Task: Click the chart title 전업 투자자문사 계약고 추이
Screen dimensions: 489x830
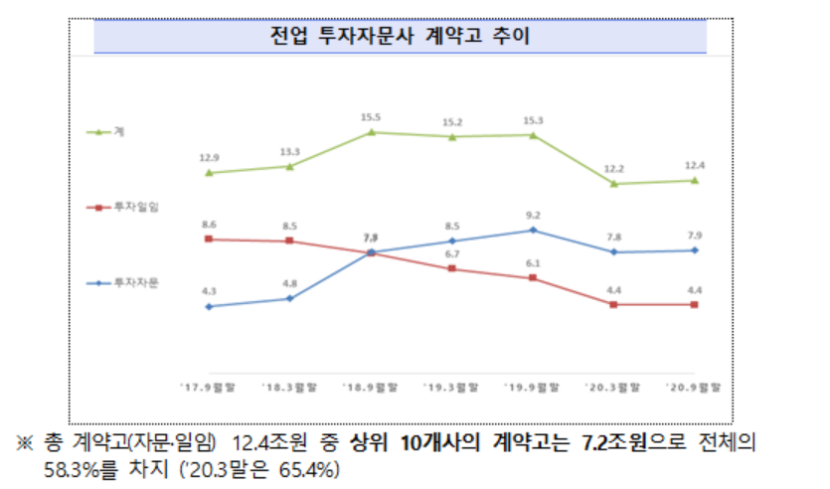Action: point(400,38)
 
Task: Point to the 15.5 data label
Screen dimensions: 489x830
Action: point(371,116)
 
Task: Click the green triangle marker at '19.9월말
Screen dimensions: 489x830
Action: point(533,134)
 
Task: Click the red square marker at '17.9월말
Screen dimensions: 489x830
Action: point(208,239)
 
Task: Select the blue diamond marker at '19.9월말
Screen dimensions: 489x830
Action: point(533,230)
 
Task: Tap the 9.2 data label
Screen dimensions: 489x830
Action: point(533,215)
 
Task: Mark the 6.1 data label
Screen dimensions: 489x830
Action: point(533,263)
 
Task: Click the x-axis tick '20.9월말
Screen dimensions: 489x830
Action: point(695,387)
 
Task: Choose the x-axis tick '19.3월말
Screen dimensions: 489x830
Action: point(451,387)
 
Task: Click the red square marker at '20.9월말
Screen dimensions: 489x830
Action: point(695,304)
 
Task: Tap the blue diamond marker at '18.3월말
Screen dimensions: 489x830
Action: point(289,298)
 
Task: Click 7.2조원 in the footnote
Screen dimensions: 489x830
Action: point(615,441)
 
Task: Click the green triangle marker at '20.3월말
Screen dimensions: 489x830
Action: point(614,184)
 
